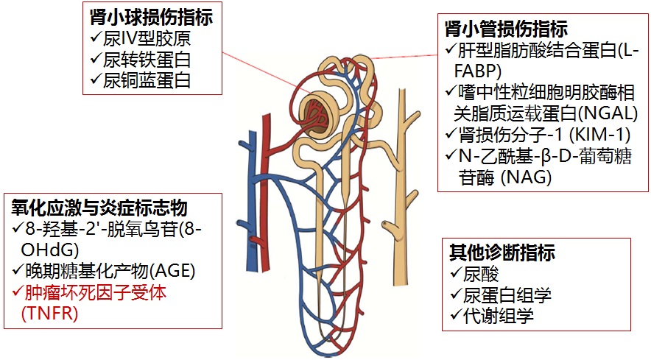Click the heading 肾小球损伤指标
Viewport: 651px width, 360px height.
(151, 18)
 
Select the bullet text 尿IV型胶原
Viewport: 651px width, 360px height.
(147, 38)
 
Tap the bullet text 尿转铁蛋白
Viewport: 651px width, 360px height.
(147, 60)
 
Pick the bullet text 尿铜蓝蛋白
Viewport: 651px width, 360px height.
(147, 80)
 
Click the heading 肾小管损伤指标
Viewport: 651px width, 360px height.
(507, 29)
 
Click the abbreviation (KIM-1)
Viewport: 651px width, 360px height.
(599, 134)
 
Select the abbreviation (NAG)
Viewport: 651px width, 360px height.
(526, 177)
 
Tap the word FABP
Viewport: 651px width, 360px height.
(477, 71)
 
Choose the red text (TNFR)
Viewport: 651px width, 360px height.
(49, 313)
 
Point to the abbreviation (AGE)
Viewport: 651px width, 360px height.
(172, 271)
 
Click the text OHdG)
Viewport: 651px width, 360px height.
(50, 250)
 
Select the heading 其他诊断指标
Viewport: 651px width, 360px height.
(502, 253)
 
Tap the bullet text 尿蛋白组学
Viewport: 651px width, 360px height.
(507, 294)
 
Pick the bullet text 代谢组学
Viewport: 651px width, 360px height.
(499, 316)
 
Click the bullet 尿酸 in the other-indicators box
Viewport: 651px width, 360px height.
(481, 274)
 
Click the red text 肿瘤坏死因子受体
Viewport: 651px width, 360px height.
(96, 292)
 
